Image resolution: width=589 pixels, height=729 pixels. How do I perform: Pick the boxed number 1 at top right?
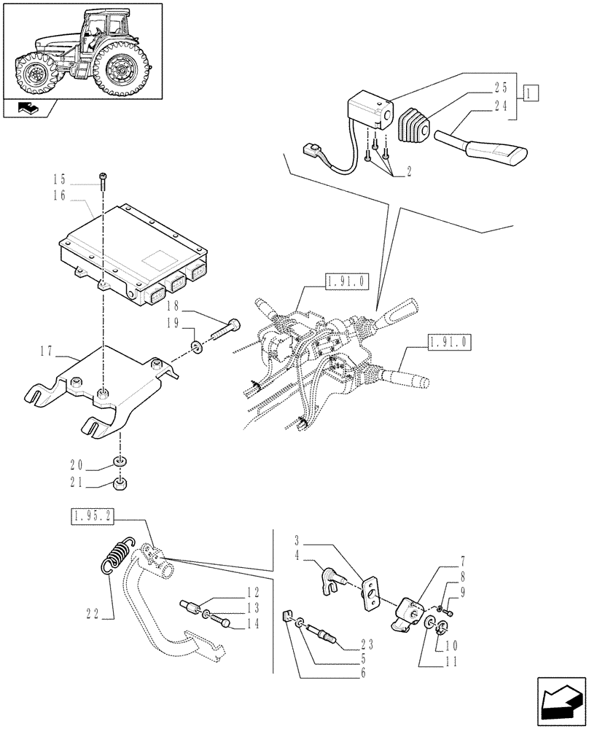click(x=531, y=93)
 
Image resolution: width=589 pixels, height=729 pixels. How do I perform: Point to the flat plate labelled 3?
click(x=372, y=595)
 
